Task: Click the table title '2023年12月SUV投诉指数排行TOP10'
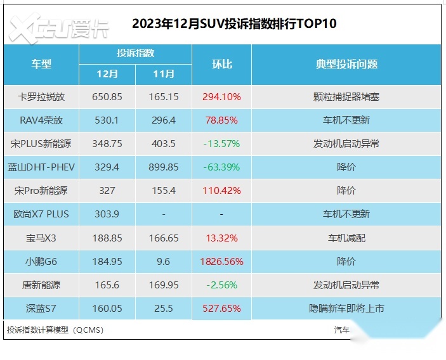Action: (234, 24)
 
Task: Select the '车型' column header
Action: (41, 64)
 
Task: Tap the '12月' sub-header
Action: (107, 74)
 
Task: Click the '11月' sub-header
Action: (164, 74)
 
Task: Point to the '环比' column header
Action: (221, 64)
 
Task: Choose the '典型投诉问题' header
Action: (346, 64)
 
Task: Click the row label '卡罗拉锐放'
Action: (41, 97)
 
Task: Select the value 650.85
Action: (107, 97)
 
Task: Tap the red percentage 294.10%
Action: (221, 97)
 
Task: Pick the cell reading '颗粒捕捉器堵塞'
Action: (346, 97)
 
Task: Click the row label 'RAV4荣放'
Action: (41, 120)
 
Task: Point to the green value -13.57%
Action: (221, 143)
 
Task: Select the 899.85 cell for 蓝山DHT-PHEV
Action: (164, 167)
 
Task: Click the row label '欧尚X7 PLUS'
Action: (41, 214)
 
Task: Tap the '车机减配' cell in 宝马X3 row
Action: (346, 238)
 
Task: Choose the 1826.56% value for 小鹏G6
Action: (221, 261)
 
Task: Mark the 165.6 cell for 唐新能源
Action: (107, 285)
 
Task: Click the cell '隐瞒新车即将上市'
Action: (346, 309)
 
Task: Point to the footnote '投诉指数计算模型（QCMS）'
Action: (55, 330)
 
